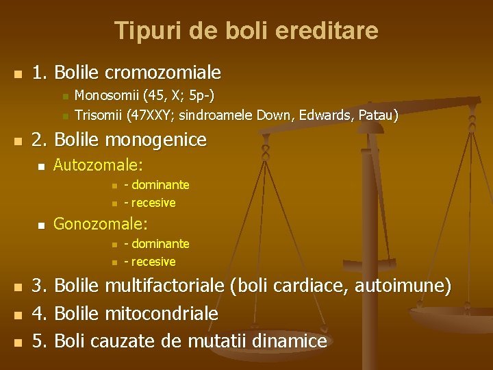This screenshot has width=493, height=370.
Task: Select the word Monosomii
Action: (x=101, y=95)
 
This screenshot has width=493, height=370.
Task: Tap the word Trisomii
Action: (x=97, y=114)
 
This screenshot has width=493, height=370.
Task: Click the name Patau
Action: (x=378, y=114)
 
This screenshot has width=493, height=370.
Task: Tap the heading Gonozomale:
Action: (x=101, y=224)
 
